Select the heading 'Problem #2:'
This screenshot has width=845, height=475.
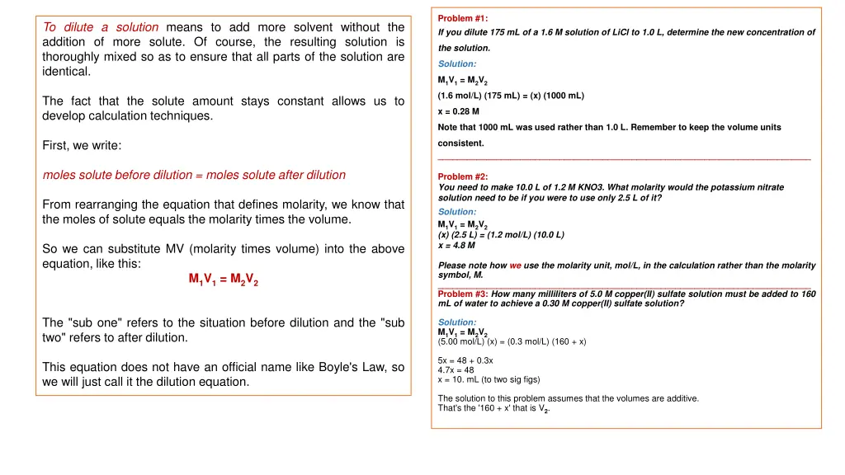pos(462,176)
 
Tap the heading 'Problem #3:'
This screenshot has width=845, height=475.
pos(463,294)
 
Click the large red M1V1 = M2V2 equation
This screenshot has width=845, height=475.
pos(224,280)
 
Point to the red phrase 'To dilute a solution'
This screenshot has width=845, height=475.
pos(98,27)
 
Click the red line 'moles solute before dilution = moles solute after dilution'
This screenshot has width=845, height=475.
pos(194,175)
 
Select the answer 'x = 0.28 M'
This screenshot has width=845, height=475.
pos(458,111)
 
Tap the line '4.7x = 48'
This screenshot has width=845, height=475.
pos(456,370)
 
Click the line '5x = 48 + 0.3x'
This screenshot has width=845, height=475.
pos(465,360)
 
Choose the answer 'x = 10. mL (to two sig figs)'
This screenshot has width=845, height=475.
pos(489,379)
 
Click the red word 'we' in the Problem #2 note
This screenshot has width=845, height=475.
pos(515,266)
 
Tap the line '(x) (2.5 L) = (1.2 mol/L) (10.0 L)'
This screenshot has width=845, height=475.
pos(501,234)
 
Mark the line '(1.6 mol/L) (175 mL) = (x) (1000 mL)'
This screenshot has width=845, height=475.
pos(511,96)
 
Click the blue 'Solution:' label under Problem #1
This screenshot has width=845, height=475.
pos(456,63)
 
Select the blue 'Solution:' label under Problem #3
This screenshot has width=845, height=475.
pos(456,322)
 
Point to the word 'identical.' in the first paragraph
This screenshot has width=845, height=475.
pos(66,72)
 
